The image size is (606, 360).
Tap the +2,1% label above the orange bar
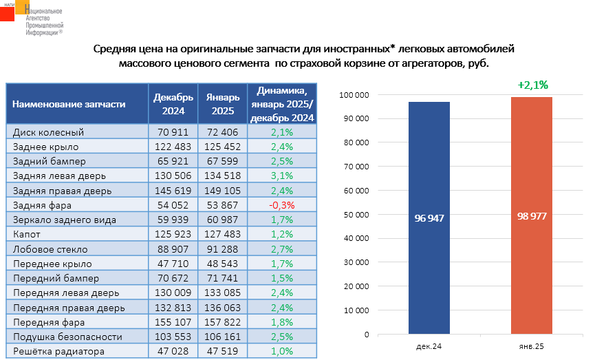click(x=532, y=85)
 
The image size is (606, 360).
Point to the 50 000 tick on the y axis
click(x=356, y=215)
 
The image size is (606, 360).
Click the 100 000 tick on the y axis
click(x=354, y=95)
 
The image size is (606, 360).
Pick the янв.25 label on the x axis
click(x=532, y=346)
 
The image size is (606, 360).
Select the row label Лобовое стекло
click(x=48, y=249)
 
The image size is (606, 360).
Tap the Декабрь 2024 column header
click(x=173, y=104)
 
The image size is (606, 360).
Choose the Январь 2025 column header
click(x=222, y=104)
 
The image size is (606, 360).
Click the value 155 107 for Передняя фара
click(x=173, y=322)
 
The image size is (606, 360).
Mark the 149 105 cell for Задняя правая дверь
click(x=222, y=191)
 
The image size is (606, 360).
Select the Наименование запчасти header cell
click(x=69, y=104)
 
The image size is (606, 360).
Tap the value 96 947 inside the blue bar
click(x=429, y=218)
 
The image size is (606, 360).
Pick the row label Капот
click(x=28, y=235)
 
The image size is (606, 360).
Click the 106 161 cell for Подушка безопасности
click(x=222, y=337)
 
